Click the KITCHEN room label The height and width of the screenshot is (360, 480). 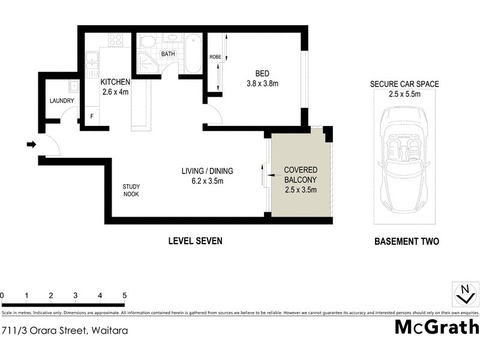(x=114, y=82)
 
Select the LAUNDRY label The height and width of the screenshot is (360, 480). (x=61, y=101)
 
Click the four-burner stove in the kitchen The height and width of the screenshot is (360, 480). (x=115, y=40)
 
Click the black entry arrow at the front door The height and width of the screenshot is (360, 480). (x=31, y=144)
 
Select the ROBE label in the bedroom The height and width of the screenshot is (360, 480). (x=215, y=57)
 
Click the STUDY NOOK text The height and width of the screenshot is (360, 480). (x=131, y=190)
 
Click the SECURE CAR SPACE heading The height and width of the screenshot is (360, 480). (x=404, y=85)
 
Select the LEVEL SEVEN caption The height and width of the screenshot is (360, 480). (x=194, y=241)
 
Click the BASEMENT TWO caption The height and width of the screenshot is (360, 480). (x=406, y=242)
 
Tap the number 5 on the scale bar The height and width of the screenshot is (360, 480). (x=124, y=296)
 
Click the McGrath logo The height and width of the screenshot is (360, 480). (x=436, y=327)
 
